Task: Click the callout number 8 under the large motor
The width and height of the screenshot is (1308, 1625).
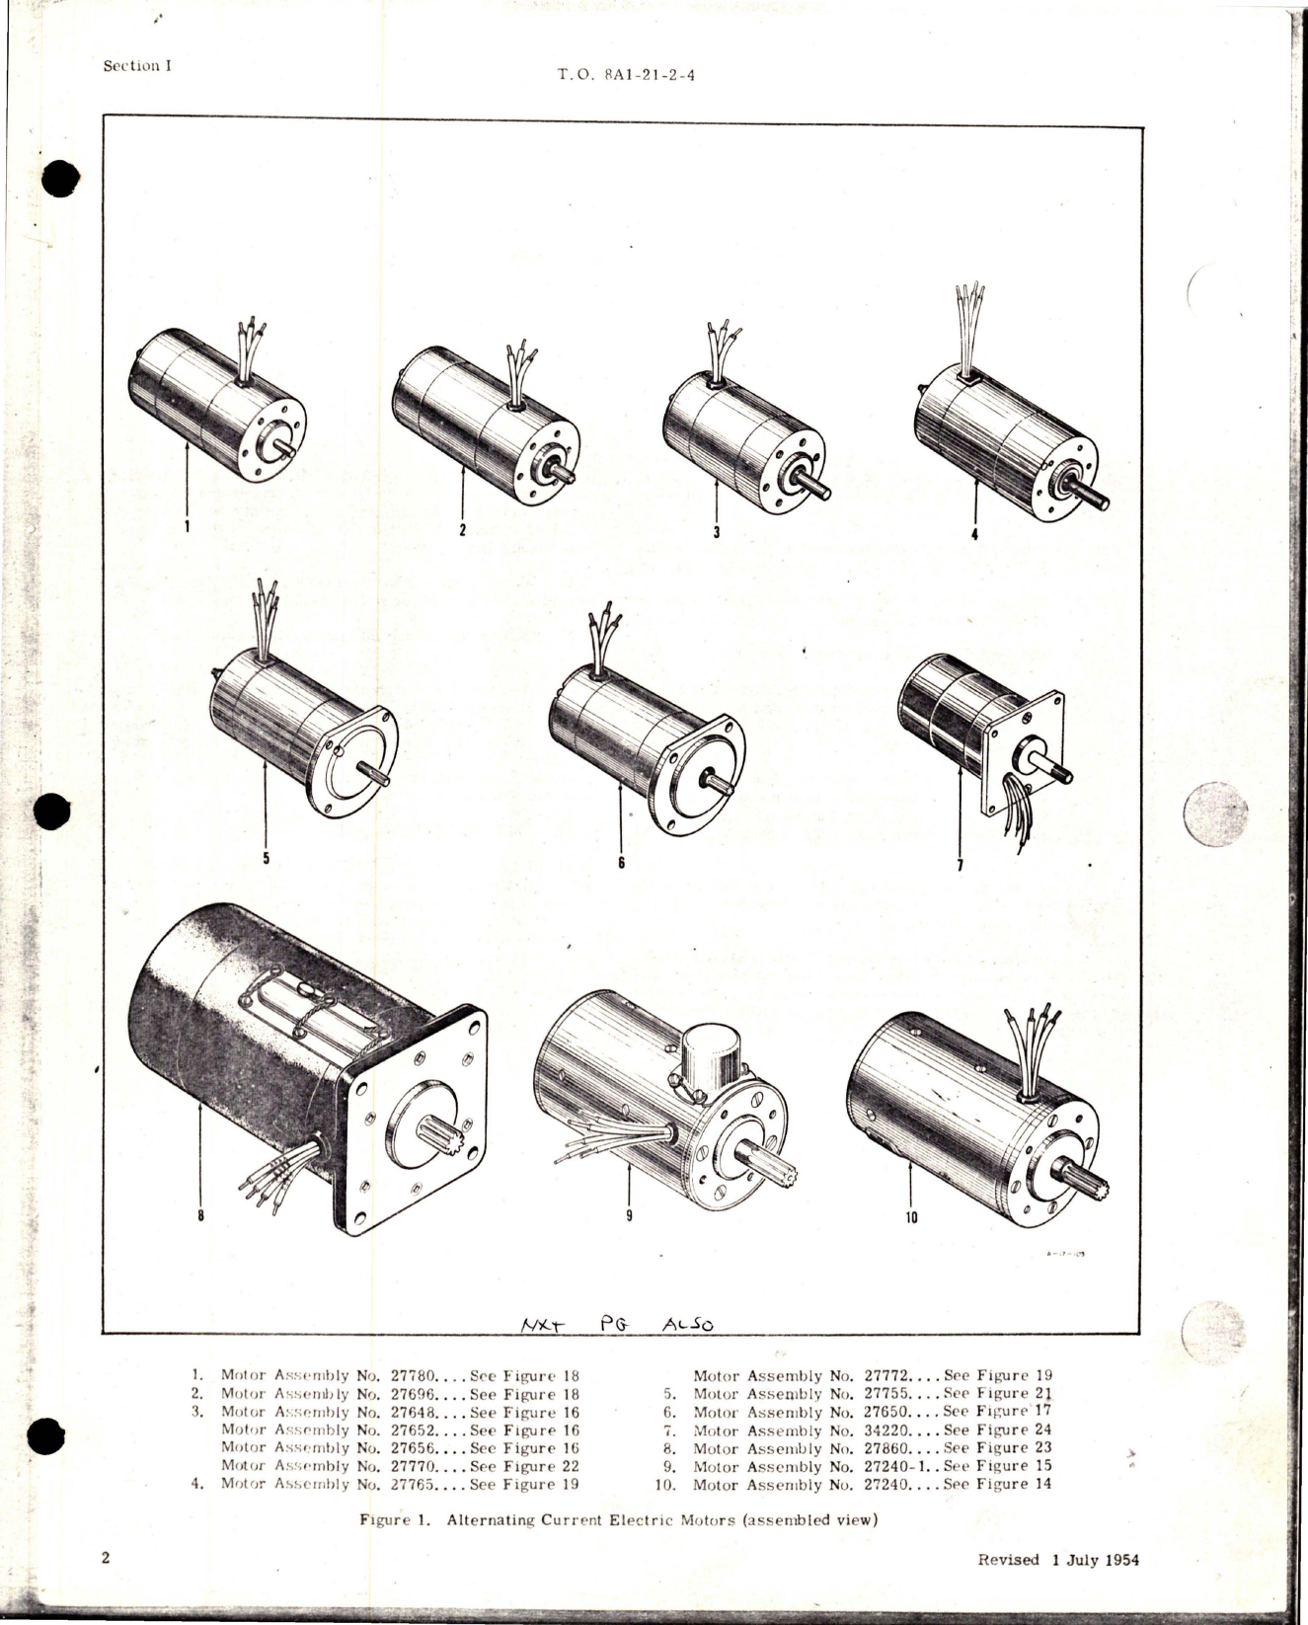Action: point(200,1216)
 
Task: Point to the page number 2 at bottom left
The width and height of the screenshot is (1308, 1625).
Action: point(106,1559)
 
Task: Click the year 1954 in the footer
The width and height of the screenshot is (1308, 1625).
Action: point(1117,1560)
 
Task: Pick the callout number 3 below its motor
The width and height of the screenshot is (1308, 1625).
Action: point(717,531)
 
